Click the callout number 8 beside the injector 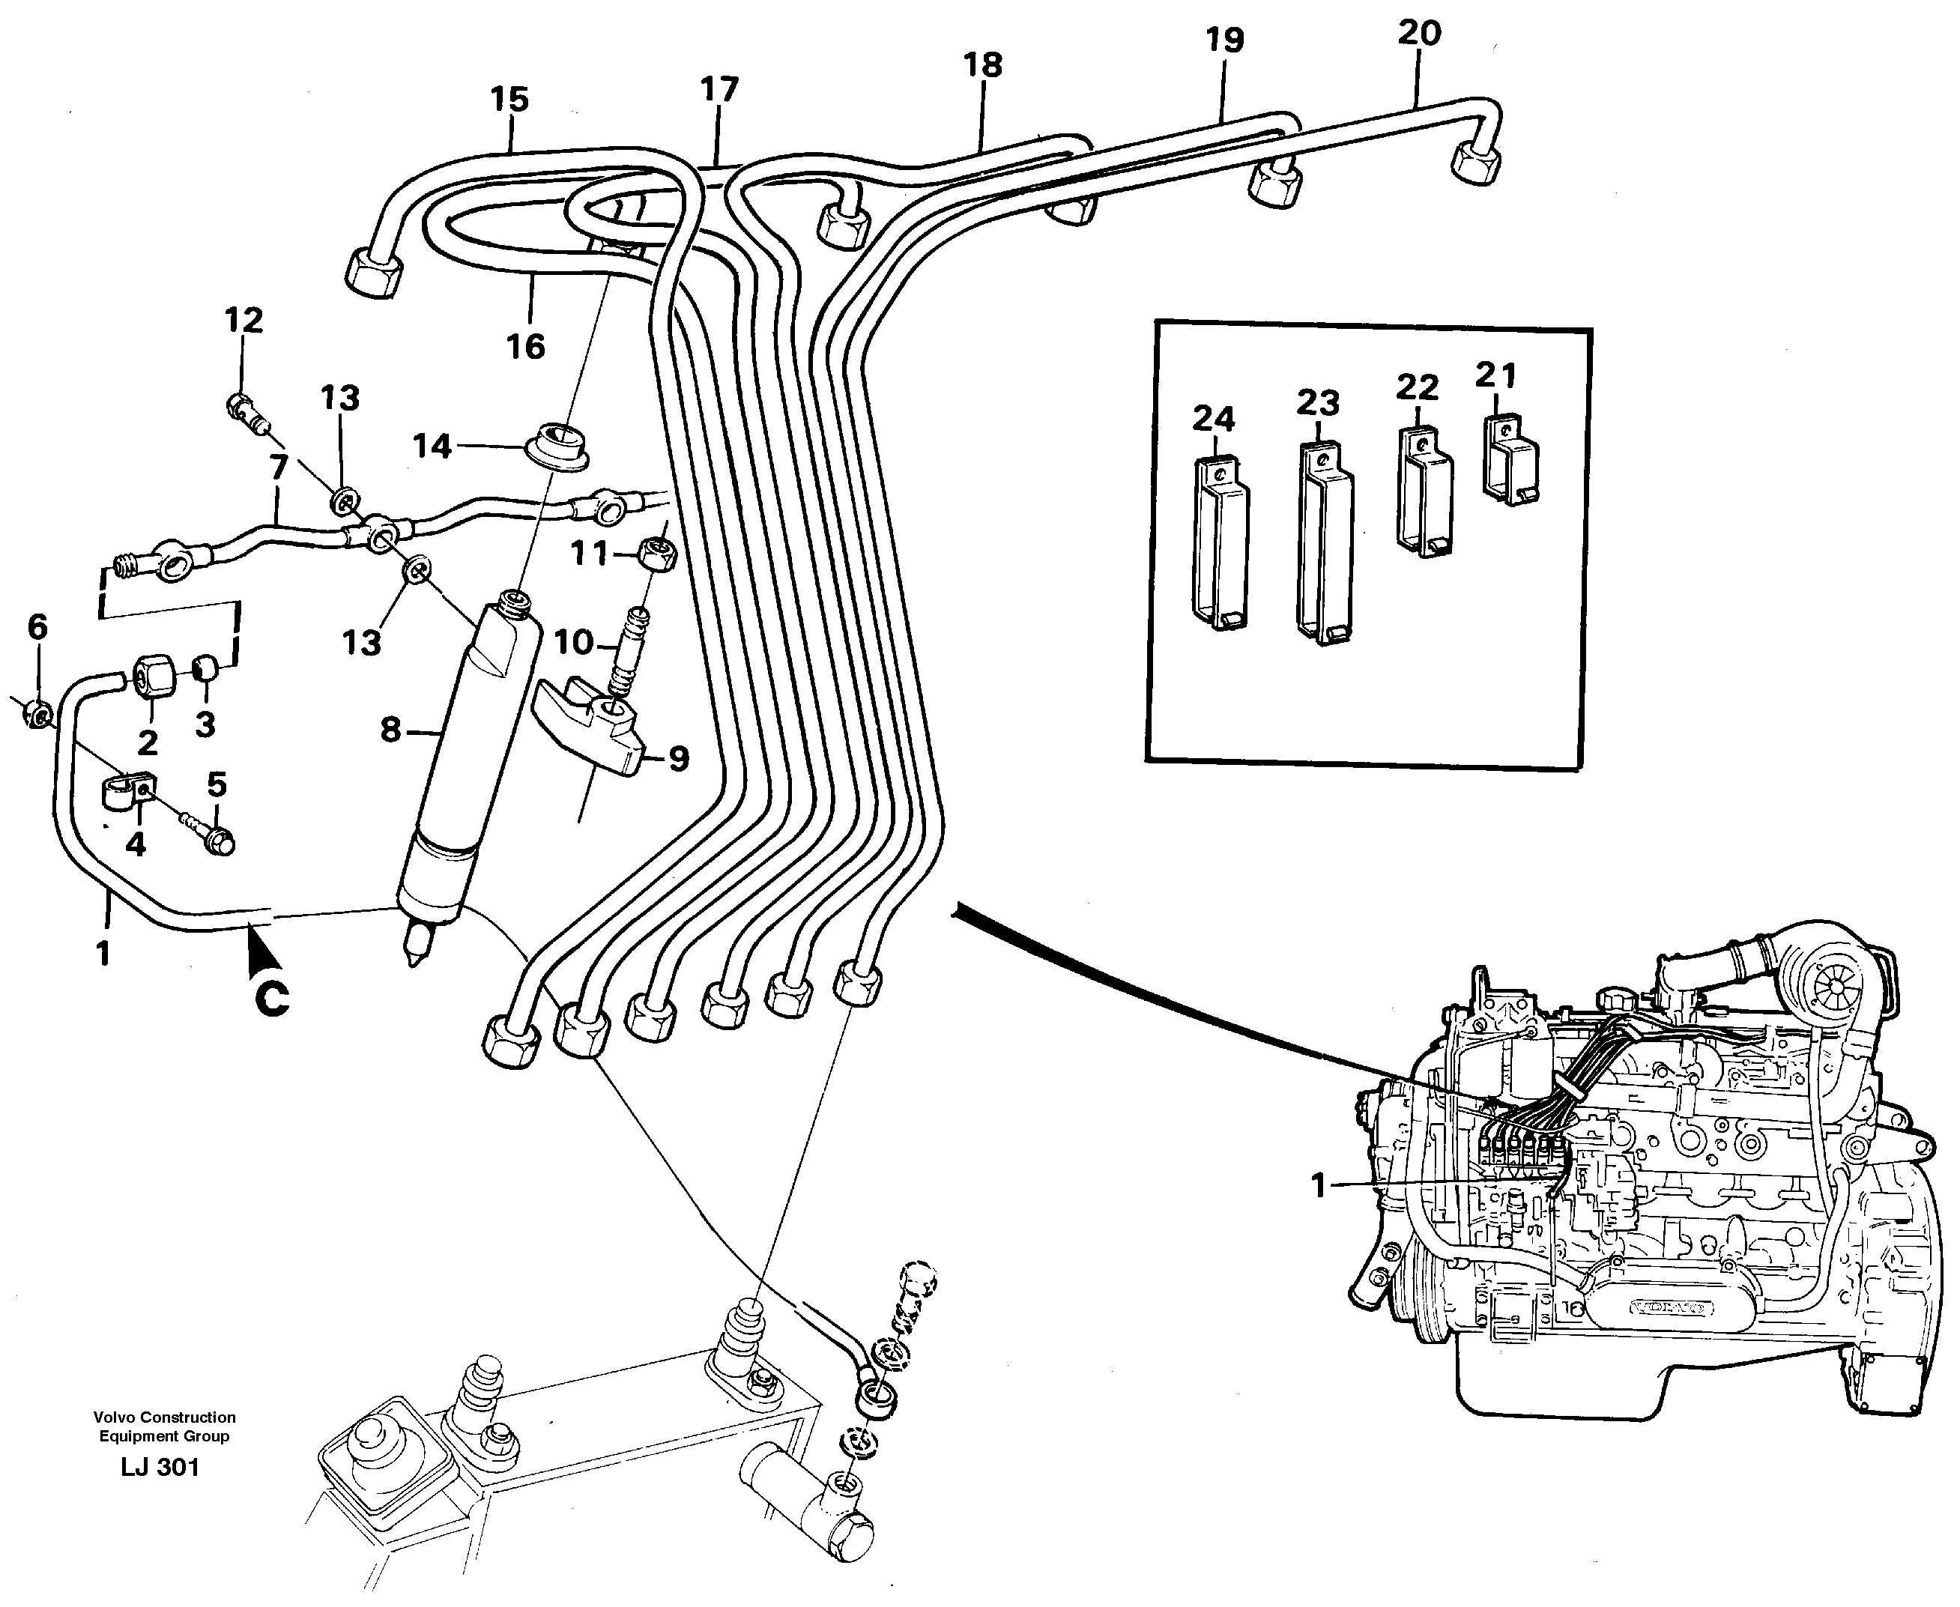[390, 730]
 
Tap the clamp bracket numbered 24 [1221, 546]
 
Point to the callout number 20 [1419, 33]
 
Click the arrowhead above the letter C [260, 954]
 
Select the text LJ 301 [160, 1467]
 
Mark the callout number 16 [525, 347]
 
